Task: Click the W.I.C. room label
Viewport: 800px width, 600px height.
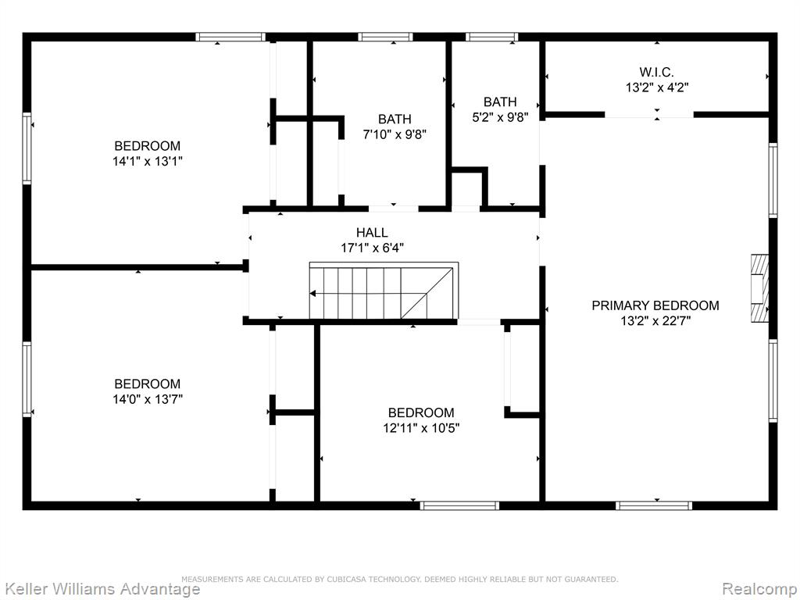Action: pos(656,72)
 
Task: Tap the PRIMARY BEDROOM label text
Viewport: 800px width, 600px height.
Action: pos(655,305)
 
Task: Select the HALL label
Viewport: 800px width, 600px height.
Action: pos(372,233)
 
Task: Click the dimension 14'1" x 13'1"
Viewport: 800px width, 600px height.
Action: pos(148,161)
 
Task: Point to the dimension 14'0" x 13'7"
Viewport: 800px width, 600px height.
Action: pos(148,399)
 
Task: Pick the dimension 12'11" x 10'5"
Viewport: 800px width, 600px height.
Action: pos(421,427)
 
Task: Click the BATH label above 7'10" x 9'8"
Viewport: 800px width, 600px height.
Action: pos(395,120)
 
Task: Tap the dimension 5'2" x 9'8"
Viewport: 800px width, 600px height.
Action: pos(500,117)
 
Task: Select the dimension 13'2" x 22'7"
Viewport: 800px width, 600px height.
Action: pos(655,321)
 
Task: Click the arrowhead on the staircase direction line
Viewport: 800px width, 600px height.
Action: pos(312,294)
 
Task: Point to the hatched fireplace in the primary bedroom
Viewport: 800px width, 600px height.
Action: pos(759,288)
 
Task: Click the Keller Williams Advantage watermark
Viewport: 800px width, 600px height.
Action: pos(100,588)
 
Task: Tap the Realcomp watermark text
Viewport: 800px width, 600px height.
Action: pos(759,589)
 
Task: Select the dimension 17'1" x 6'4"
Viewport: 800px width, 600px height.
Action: pos(372,248)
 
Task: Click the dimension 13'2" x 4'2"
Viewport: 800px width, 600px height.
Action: pos(657,87)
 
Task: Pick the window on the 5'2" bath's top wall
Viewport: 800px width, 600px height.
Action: pos(492,37)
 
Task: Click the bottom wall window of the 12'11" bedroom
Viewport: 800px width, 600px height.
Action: pos(459,505)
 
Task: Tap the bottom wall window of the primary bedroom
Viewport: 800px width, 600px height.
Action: pos(654,505)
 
